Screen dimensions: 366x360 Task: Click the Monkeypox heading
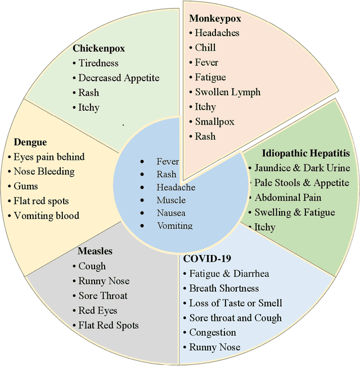click(x=214, y=19)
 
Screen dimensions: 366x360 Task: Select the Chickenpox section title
click(x=98, y=48)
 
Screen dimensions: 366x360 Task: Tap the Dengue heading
click(x=30, y=142)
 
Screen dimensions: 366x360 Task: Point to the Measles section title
click(x=95, y=251)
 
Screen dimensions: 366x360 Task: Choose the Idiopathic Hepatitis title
click(x=305, y=153)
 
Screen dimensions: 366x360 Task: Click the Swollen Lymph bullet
click(x=228, y=92)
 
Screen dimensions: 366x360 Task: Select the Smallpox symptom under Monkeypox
click(x=214, y=121)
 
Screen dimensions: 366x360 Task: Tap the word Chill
click(x=205, y=48)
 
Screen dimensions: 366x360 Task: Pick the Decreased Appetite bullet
click(x=119, y=78)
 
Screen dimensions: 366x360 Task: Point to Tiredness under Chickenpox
click(x=98, y=63)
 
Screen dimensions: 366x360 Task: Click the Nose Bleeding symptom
click(x=44, y=171)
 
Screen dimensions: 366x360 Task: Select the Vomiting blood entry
click(x=46, y=215)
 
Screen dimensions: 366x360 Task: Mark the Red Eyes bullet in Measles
click(x=97, y=310)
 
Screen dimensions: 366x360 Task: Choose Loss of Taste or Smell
click(x=236, y=303)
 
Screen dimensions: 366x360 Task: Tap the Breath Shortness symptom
click(x=224, y=288)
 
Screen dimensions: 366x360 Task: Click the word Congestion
click(x=212, y=332)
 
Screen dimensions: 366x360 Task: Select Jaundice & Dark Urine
click(x=302, y=168)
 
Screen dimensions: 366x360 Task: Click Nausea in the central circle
click(x=171, y=213)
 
